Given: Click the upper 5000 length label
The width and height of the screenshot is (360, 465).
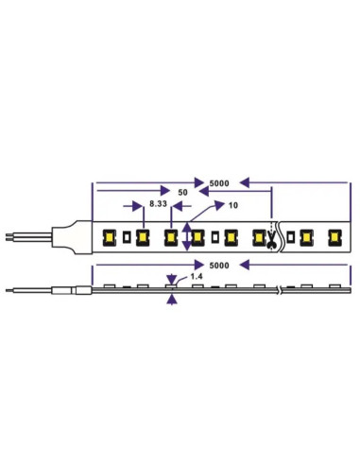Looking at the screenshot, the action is pyautogui.click(x=218, y=181).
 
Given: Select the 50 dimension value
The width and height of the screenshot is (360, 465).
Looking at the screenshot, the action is pyautogui.click(x=182, y=192).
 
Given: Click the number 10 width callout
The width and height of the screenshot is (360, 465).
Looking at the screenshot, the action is pyautogui.click(x=232, y=204).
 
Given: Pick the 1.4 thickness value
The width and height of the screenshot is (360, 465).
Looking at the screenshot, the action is pyautogui.click(x=197, y=276).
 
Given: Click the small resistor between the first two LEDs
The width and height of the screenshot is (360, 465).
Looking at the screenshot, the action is pyautogui.click(x=127, y=236).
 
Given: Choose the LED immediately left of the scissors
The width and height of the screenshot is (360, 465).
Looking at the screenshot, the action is pyautogui.click(x=256, y=236).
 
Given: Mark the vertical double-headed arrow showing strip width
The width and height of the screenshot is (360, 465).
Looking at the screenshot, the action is pyautogui.click(x=188, y=235).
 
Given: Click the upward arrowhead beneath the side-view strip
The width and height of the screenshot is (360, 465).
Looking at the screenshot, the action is pyautogui.click(x=172, y=299).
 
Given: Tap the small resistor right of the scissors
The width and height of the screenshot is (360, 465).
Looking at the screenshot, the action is pyautogui.click(x=290, y=236).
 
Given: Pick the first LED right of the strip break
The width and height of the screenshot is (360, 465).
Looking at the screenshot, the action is pyautogui.click(x=305, y=236).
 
